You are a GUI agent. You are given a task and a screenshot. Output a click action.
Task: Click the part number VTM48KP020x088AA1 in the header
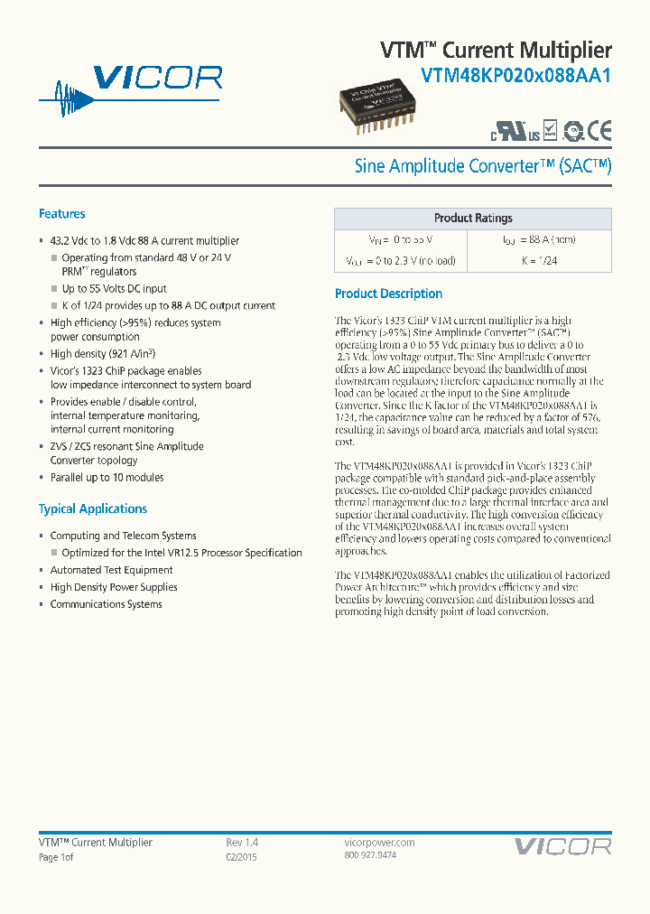pos(516,77)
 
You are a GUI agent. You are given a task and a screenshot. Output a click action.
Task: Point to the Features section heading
pos(62,214)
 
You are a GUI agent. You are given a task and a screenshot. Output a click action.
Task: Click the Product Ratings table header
pos(472,218)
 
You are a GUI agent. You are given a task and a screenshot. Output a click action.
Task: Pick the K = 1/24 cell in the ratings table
pos(539,261)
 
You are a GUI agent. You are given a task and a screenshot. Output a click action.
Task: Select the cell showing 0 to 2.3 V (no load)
pos(400,261)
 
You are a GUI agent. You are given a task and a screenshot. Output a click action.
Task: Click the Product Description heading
pos(388,294)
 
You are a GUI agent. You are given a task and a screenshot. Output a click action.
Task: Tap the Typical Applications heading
pos(93,508)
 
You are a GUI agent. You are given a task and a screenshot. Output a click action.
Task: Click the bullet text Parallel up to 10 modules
pos(107,477)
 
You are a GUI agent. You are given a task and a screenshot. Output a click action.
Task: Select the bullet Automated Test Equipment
pos(111,570)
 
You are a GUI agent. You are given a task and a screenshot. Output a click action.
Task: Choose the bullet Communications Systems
pos(106,604)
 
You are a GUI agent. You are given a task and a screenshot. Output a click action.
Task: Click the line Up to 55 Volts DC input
pos(114,289)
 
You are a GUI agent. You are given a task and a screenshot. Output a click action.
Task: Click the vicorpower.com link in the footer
pos(379,842)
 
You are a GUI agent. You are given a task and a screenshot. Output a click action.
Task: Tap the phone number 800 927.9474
pos(370,854)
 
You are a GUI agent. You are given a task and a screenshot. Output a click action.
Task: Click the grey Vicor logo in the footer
pos(562,846)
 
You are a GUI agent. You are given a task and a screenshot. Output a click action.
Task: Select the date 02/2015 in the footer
pos(241,857)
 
